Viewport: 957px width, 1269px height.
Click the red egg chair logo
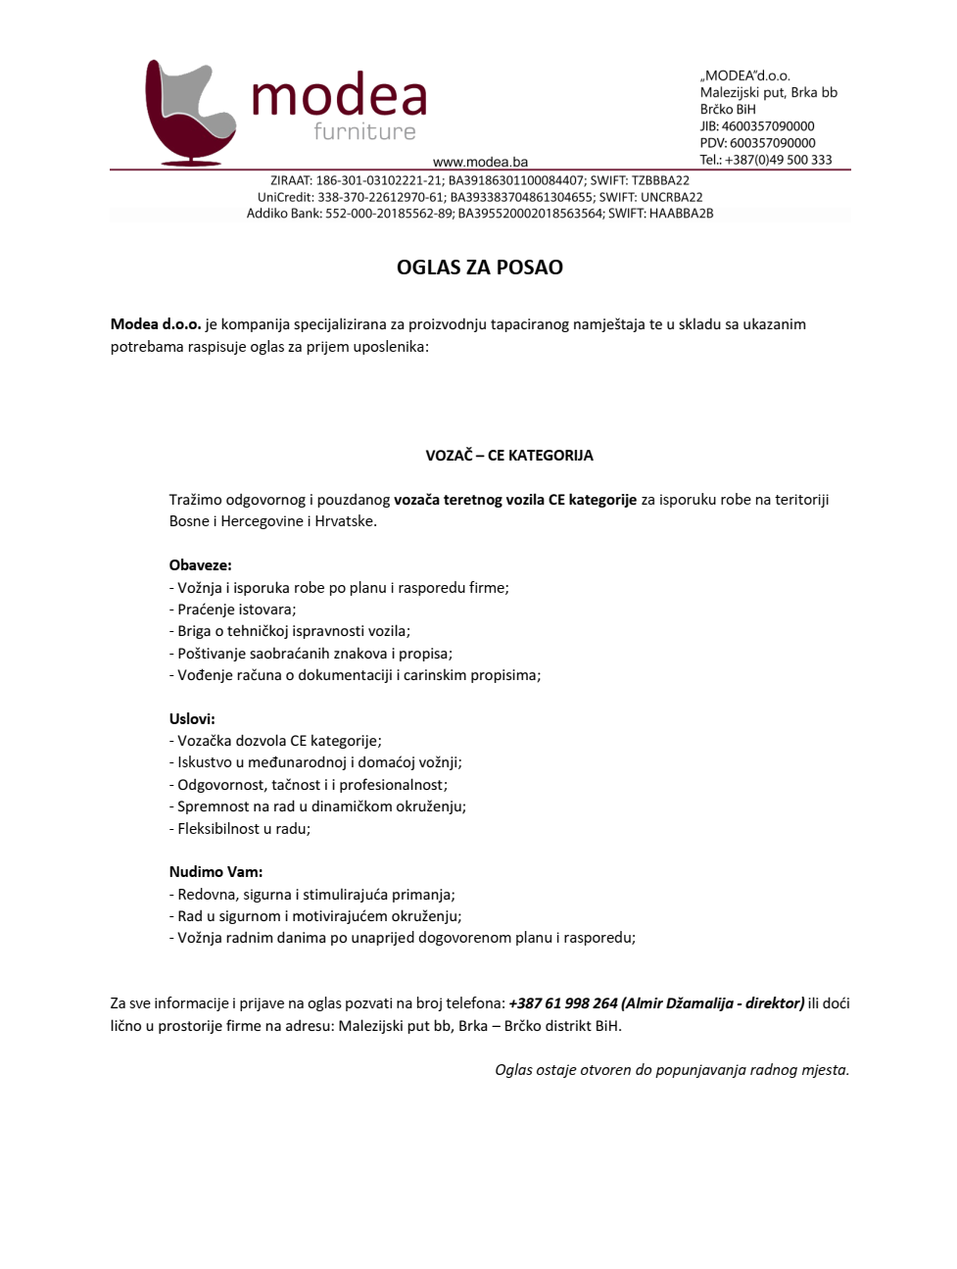point(189,113)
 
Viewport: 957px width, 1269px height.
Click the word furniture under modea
point(364,132)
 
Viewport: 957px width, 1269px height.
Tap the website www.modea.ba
point(480,162)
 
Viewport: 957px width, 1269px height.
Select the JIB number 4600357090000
point(768,126)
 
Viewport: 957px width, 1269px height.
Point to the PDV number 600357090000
point(772,143)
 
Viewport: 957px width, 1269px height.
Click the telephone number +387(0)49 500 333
point(778,160)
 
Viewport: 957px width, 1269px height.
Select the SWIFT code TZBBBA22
point(660,180)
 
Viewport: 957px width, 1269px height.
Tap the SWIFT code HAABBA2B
point(681,214)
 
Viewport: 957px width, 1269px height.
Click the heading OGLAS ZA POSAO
point(479,268)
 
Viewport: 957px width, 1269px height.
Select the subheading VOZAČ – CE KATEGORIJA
point(508,456)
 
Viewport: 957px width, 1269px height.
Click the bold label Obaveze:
point(200,565)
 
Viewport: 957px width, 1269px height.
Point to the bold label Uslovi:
point(192,719)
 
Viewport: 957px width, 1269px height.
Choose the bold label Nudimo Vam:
point(215,872)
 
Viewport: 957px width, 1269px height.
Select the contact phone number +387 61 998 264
point(563,1003)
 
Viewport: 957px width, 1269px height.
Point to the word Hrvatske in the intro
point(344,521)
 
